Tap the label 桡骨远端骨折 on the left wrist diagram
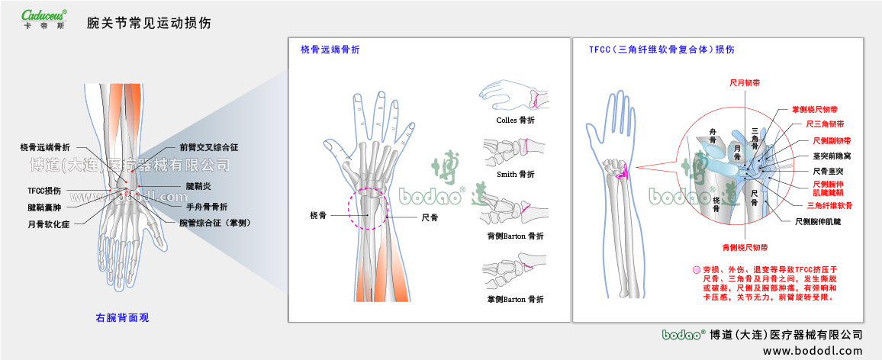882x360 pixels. tap(45, 146)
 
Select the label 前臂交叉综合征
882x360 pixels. tap(209, 146)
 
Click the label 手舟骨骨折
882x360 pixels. tap(207, 206)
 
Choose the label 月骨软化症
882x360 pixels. tap(50, 225)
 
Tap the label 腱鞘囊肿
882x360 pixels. tap(44, 207)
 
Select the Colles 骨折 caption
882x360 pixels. tap(514, 121)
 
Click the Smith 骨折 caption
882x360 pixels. tap(515, 174)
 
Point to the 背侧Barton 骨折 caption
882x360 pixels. tap(515, 236)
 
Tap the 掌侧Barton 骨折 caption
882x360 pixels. tap(515, 300)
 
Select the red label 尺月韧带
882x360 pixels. tap(745, 81)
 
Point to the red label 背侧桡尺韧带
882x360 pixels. tap(745, 247)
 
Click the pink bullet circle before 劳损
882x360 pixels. tap(696, 270)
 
